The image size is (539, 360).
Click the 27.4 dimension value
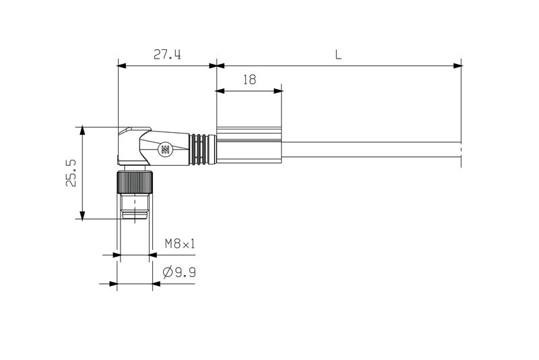[166, 55]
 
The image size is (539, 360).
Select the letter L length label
[339, 55]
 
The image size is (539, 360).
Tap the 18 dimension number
[249, 80]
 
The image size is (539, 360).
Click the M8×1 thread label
[180, 244]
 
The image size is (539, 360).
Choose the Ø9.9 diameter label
[179, 272]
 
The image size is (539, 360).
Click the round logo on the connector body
[164, 150]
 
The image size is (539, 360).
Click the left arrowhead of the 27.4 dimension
[122, 65]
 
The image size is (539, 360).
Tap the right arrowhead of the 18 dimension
[278, 90]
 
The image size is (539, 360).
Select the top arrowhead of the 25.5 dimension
[82, 130]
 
